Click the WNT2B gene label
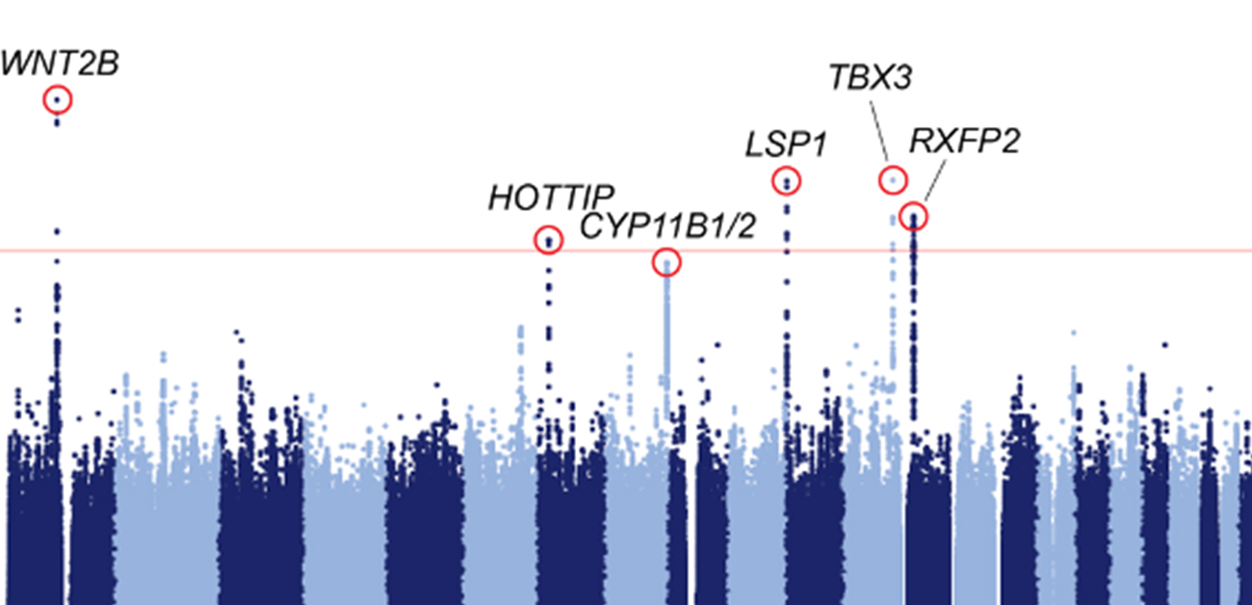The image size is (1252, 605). (x=60, y=65)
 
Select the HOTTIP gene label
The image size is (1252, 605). (x=550, y=198)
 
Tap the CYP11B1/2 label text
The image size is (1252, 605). (x=667, y=229)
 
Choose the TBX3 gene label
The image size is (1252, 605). (x=870, y=78)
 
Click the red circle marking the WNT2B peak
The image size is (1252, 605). (x=58, y=99)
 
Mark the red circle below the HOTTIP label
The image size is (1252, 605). (x=548, y=240)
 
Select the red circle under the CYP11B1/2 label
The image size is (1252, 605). (x=666, y=262)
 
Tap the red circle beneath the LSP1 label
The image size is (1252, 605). (x=787, y=180)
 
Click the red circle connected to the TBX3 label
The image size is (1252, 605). (x=893, y=179)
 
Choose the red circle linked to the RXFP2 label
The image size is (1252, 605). (x=913, y=216)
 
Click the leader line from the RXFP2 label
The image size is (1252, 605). (x=931, y=183)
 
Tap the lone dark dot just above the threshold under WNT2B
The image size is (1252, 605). (x=58, y=231)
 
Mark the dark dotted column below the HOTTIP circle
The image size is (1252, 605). (x=549, y=318)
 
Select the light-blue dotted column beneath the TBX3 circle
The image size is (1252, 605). (x=893, y=289)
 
